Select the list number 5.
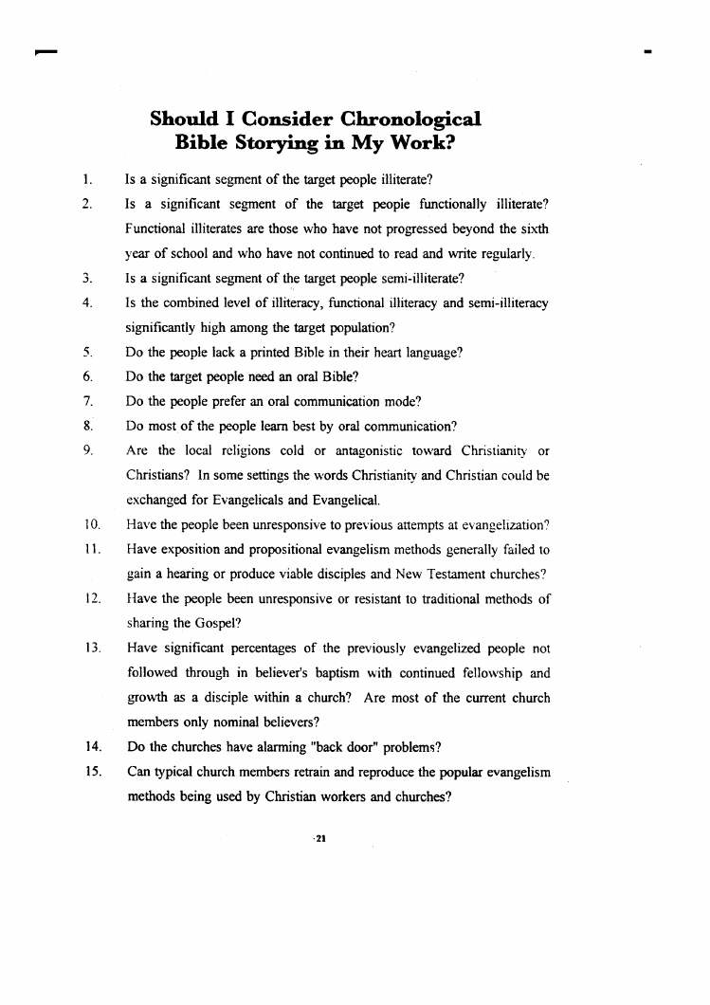pos(85,352)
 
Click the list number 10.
pos(87,525)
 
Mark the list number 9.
pos(85,450)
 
